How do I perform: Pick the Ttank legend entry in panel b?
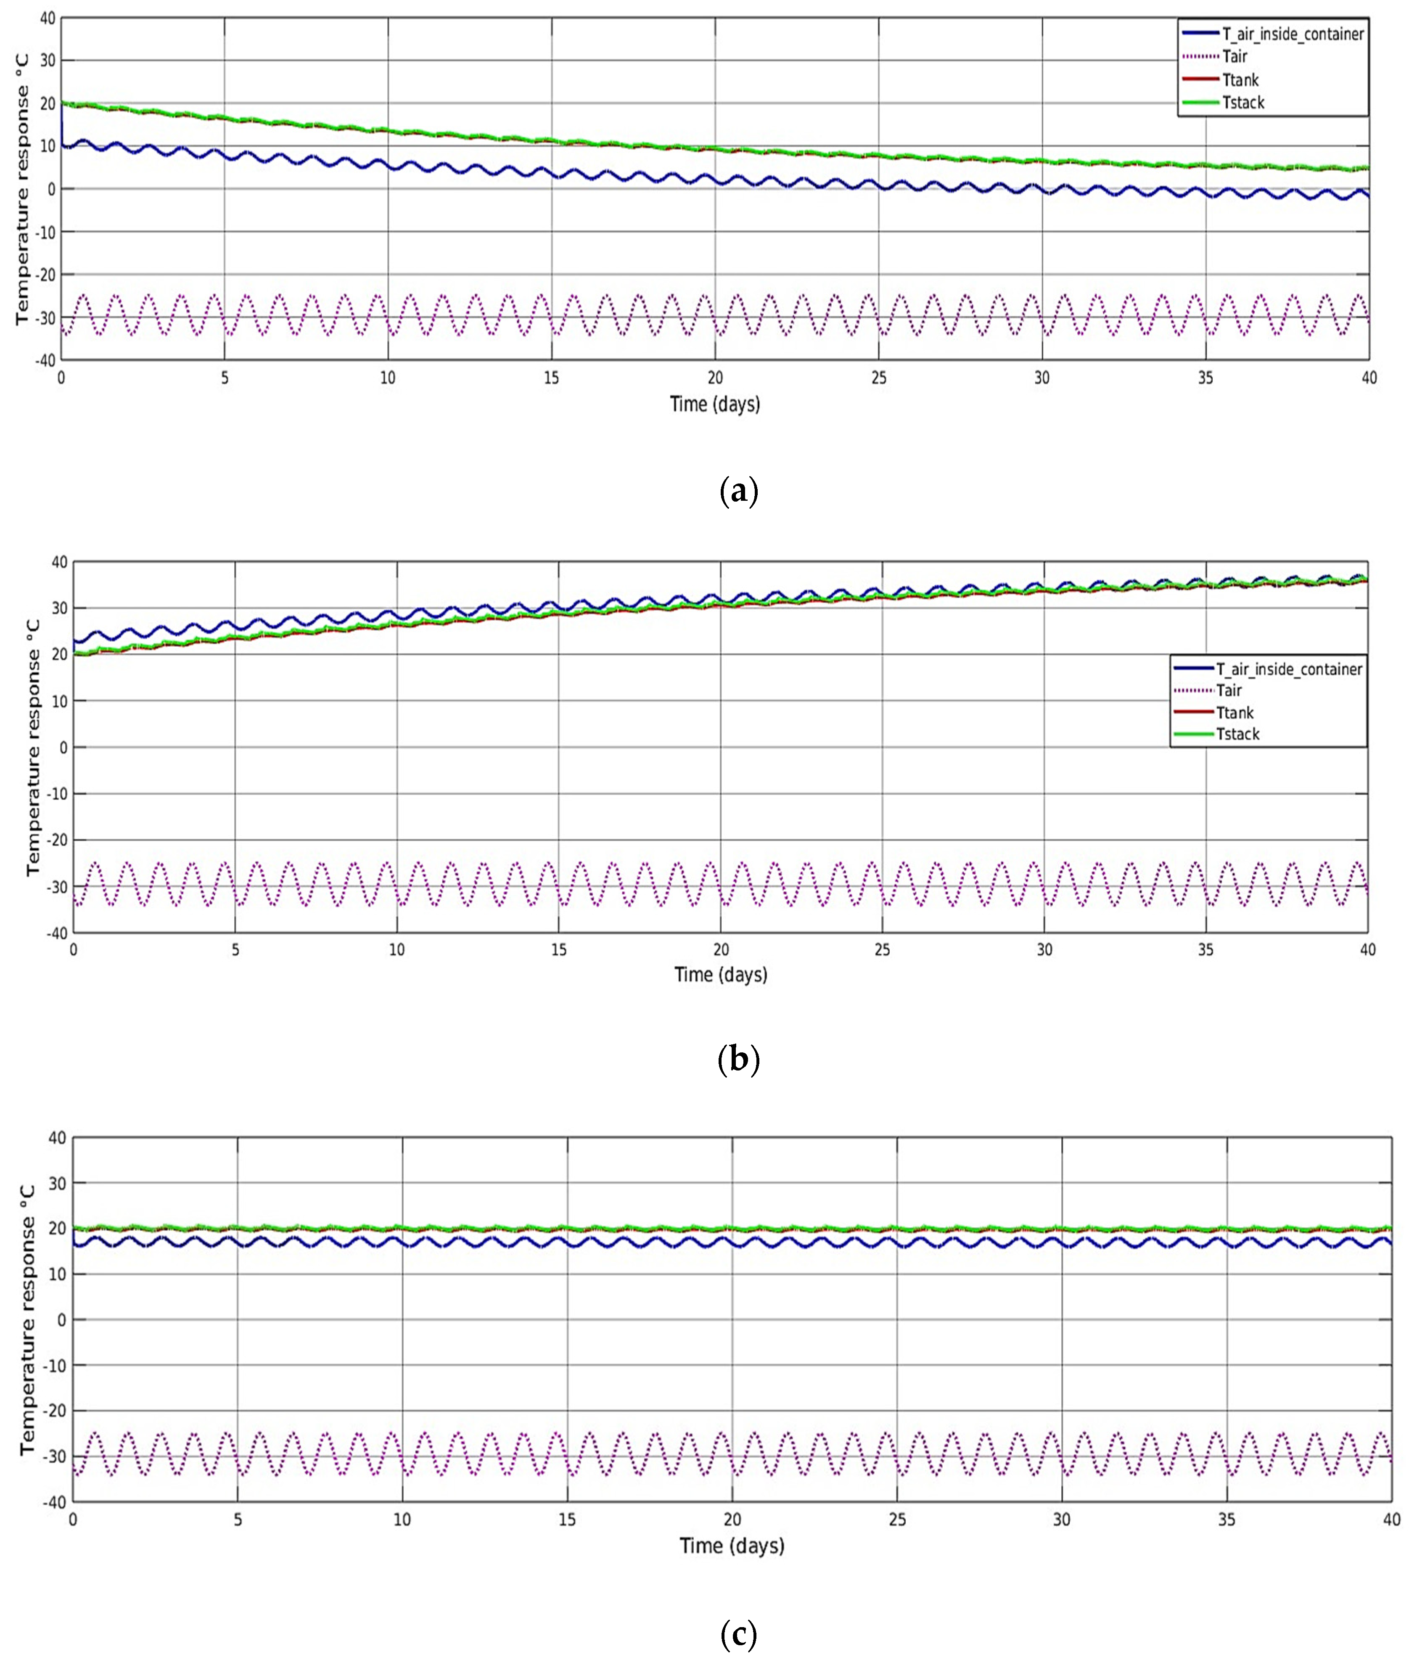(1235, 712)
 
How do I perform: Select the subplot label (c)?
(738, 1633)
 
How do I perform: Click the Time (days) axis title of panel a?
(715, 404)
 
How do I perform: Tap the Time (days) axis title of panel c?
(732, 1545)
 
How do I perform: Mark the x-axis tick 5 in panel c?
(237, 1520)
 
